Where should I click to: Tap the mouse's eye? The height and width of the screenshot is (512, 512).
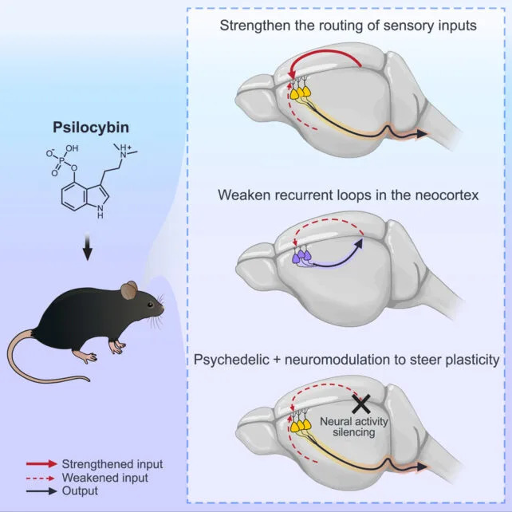pos(148,304)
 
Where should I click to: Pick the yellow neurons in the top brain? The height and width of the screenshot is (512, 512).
pos(300,92)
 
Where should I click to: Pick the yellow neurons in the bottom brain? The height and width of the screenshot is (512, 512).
pos(300,425)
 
